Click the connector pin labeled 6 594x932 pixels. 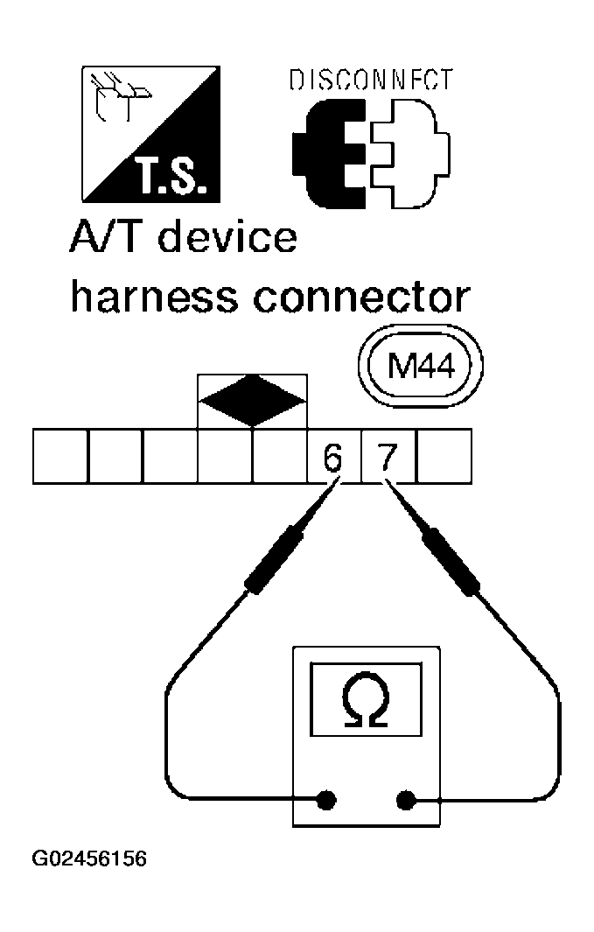tap(333, 456)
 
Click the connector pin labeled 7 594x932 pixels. tap(388, 456)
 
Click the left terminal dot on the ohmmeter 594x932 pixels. tap(326, 799)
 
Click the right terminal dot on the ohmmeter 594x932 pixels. tap(405, 799)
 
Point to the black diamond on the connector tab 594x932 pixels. tap(252, 402)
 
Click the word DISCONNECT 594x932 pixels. tap(371, 81)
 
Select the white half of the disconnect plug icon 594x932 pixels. tap(407, 153)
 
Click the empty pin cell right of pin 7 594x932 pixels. tap(444, 456)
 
